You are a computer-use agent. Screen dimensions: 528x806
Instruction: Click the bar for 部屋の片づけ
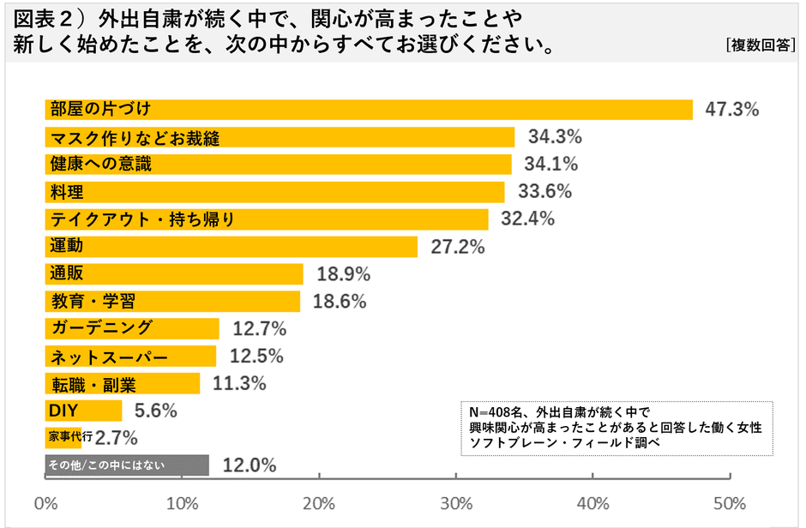coord(369,110)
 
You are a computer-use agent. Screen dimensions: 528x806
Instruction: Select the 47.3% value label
coord(732,110)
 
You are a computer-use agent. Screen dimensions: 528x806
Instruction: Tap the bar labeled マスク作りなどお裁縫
coord(279,137)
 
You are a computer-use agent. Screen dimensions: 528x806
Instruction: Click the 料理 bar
coord(274,192)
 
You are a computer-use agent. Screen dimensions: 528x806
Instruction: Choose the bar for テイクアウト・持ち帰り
coord(266,219)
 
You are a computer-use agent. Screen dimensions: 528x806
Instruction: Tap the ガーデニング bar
coord(132,328)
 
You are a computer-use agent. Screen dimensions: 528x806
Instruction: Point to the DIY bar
coord(83,411)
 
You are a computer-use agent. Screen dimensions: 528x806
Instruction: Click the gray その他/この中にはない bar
coord(126,465)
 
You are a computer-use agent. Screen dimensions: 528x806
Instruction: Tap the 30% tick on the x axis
coord(456,502)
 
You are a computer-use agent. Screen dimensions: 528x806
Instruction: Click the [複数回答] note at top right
coord(760,46)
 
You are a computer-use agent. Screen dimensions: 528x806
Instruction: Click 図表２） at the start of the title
coord(51,18)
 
